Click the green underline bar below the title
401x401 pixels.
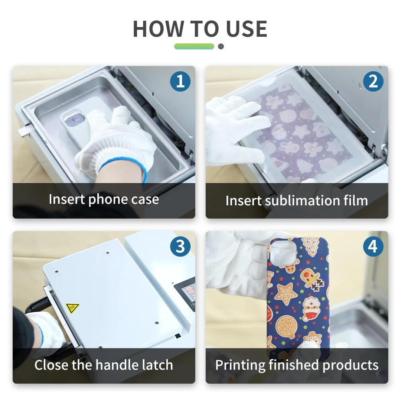point(194,46)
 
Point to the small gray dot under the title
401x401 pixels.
point(221,46)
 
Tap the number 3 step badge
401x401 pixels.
point(180,247)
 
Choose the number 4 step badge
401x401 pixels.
point(373,247)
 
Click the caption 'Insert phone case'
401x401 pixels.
point(104,199)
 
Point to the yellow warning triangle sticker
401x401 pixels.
point(72,308)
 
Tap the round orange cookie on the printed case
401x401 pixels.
point(286,325)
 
